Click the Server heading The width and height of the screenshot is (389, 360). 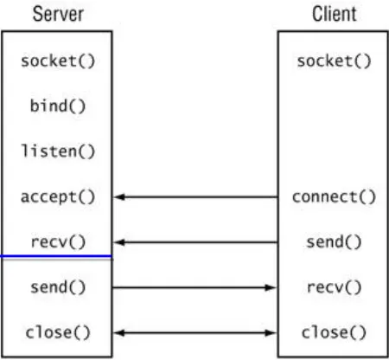coord(57,14)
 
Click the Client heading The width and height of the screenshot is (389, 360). coord(333,14)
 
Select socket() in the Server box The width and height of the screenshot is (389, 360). coord(57,61)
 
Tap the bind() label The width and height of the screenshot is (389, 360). coord(57,106)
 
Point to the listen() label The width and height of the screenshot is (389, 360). coord(57,151)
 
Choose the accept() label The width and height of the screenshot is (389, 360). coord(57,196)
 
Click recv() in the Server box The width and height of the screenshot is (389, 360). coord(57,241)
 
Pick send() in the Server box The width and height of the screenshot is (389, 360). coord(57,286)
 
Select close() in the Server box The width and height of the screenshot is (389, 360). coord(57,331)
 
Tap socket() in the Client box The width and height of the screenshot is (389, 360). coord(333,61)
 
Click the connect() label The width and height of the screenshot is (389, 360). coord(333,196)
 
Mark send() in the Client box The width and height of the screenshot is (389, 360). coord(333,242)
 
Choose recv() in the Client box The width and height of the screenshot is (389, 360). coord(333,286)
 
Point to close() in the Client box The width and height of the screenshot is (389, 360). coord(333,331)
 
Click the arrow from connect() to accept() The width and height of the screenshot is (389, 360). coord(195,197)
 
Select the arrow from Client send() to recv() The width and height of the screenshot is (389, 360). coord(195,242)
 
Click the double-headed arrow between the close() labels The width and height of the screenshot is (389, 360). coord(195,332)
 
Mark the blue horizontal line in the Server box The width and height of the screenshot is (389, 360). coord(57,257)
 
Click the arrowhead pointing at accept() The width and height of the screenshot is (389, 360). coord(120,197)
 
